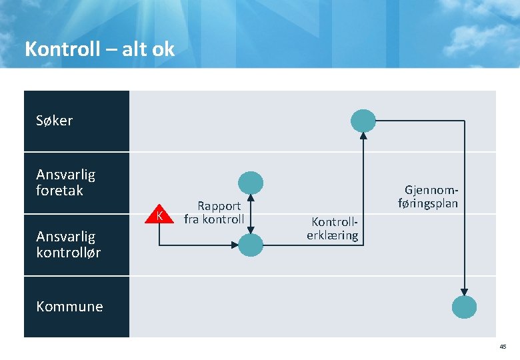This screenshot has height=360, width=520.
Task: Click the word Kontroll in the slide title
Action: (61, 49)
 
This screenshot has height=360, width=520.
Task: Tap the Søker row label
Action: (55, 121)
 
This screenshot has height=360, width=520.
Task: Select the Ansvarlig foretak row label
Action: (65, 183)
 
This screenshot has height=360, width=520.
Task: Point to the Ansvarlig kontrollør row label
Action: (68, 244)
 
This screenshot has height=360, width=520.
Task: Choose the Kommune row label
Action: (69, 307)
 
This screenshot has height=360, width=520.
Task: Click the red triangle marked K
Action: (159, 214)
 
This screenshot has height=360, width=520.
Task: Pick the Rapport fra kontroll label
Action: (214, 213)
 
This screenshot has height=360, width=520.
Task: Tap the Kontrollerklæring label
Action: (332, 228)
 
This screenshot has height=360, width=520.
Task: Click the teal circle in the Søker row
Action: (364, 121)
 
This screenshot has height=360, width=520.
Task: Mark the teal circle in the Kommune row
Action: (465, 307)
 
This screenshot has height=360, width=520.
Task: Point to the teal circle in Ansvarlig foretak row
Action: (251, 183)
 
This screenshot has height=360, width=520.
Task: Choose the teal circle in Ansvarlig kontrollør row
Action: (251, 245)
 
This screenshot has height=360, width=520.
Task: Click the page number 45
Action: (503, 347)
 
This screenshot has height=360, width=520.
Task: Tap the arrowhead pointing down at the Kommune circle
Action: (465, 291)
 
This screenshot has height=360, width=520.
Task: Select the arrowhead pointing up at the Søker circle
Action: (364, 136)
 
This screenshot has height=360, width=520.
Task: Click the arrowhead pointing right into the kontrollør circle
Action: (235, 245)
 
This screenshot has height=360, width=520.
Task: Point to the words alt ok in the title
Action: (148, 49)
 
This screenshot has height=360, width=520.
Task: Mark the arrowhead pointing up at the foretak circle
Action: (251, 198)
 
